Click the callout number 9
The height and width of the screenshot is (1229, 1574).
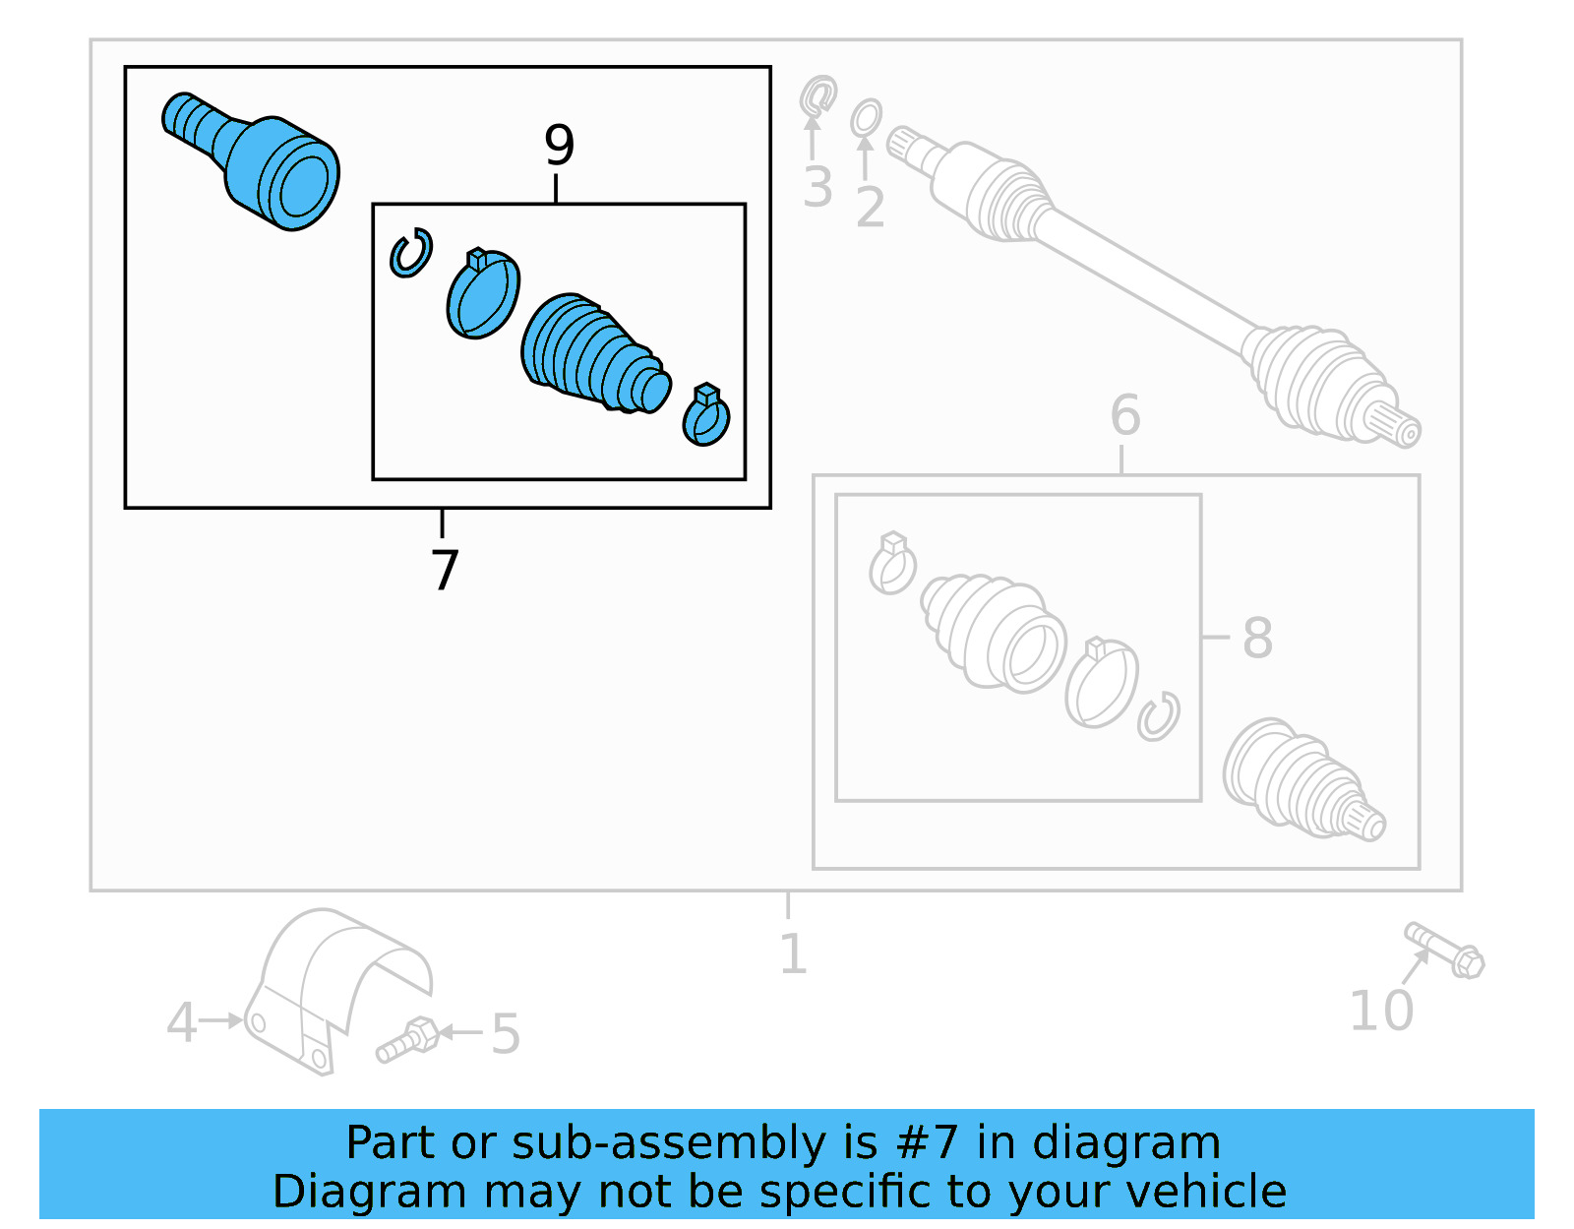pyautogui.click(x=559, y=146)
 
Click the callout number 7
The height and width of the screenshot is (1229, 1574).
pyautogui.click(x=445, y=570)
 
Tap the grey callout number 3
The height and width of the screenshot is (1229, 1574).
pyautogui.click(x=817, y=187)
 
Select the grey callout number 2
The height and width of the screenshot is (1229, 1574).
pyautogui.click(x=870, y=208)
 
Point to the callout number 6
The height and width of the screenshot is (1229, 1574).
pyautogui.click(x=1124, y=415)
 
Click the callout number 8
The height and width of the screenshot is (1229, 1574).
pyautogui.click(x=1257, y=638)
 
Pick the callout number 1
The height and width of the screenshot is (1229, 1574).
pyautogui.click(x=793, y=953)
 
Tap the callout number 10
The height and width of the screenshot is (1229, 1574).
pyautogui.click(x=1380, y=1011)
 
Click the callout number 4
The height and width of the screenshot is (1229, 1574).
pyautogui.click(x=181, y=1022)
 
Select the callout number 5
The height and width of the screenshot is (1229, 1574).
pyautogui.click(x=505, y=1034)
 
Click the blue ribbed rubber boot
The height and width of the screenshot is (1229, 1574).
pyautogui.click(x=590, y=354)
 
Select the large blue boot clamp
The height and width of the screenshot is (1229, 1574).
pyautogui.click(x=482, y=295)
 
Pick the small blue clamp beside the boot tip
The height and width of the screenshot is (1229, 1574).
pyautogui.click(x=706, y=416)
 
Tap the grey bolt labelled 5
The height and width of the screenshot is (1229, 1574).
pyautogui.click(x=407, y=1040)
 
